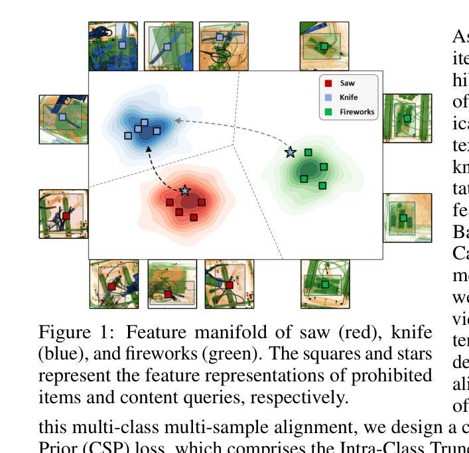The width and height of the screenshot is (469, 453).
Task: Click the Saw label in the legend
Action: (347, 83)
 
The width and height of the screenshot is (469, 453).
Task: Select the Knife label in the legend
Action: (348, 97)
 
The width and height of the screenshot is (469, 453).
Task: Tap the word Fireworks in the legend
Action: (356, 112)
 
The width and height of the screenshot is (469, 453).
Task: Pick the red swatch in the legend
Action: (328, 83)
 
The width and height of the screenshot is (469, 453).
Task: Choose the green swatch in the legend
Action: (328, 112)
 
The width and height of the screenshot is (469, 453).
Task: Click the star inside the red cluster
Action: (184, 190)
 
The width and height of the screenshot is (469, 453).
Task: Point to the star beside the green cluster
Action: (290, 153)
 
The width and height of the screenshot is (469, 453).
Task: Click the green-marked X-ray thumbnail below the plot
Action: (324, 285)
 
